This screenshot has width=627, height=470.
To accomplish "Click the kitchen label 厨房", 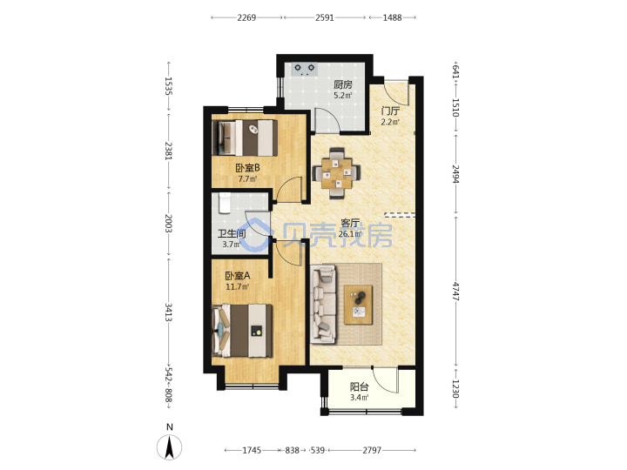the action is click(x=343, y=84).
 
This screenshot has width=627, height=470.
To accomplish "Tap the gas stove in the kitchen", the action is click(x=305, y=69).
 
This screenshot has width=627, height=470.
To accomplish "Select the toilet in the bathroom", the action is click(x=225, y=204).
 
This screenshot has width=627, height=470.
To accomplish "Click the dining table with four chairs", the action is click(x=336, y=172).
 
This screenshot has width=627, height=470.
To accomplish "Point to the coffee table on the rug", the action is click(x=358, y=305).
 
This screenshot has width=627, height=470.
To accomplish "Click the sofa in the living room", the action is click(x=323, y=305).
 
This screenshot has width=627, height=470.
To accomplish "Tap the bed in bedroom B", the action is click(x=245, y=138).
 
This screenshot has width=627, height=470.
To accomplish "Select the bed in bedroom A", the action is click(x=242, y=331).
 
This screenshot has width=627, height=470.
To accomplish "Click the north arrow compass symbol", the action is click(x=169, y=446).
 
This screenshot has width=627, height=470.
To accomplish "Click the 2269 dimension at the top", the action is click(x=246, y=17).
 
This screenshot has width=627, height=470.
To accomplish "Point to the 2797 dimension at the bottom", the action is click(x=372, y=451).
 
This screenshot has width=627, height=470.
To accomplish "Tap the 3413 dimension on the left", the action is click(x=169, y=312).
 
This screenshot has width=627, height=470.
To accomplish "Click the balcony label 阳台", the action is click(x=359, y=386).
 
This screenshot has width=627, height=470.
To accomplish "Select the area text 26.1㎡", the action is click(x=349, y=234).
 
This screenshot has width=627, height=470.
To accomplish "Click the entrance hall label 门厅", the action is click(x=390, y=111).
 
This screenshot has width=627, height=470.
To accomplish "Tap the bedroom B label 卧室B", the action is click(x=247, y=168).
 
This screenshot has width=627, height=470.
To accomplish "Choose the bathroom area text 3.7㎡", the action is click(x=231, y=245).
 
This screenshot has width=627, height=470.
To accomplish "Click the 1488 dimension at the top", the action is click(x=392, y=17).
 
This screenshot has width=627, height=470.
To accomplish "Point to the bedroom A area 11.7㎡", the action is click(x=237, y=286).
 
